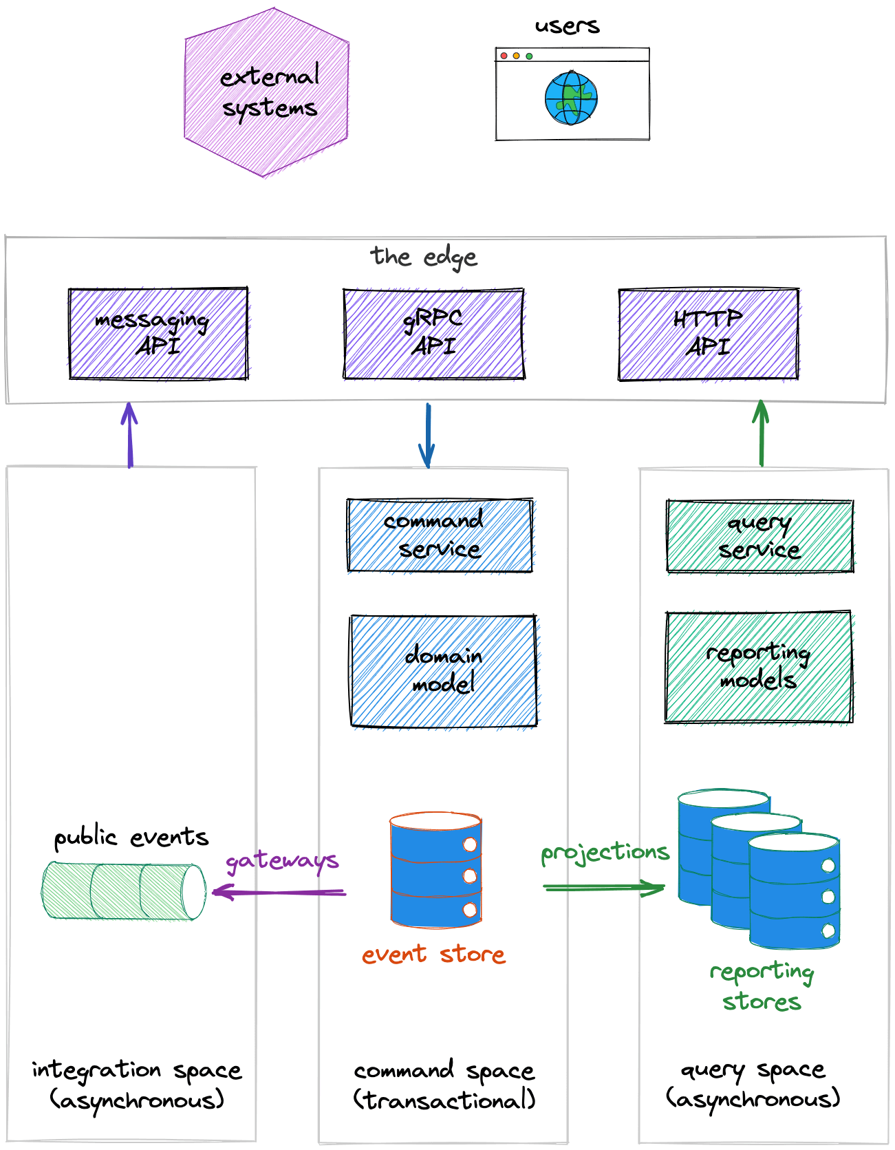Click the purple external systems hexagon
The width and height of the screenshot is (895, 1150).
(x=267, y=93)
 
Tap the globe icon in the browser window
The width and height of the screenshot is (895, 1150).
(x=571, y=98)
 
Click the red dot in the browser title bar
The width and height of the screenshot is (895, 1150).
(x=504, y=56)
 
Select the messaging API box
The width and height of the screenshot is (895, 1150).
(x=158, y=334)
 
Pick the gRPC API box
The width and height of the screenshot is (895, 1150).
(x=433, y=334)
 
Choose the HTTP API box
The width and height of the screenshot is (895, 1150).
(x=709, y=334)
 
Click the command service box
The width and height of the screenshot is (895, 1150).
(x=440, y=535)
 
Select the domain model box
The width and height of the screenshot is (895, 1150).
(x=444, y=670)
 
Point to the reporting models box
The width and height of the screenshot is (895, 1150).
(x=759, y=667)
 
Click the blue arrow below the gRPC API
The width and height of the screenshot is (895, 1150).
(x=427, y=435)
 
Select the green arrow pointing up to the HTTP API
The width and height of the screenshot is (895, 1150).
(x=761, y=434)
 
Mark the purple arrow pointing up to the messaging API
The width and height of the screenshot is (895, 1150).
(x=129, y=435)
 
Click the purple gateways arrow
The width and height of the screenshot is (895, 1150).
(x=279, y=893)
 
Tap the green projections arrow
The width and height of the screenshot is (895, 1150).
(x=604, y=887)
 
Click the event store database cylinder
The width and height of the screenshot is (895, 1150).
(x=435, y=871)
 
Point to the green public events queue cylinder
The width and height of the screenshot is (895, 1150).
(x=124, y=891)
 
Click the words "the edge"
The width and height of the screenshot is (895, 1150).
(x=424, y=257)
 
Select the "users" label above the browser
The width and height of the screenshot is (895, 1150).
(x=568, y=26)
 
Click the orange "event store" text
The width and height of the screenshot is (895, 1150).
(x=433, y=955)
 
